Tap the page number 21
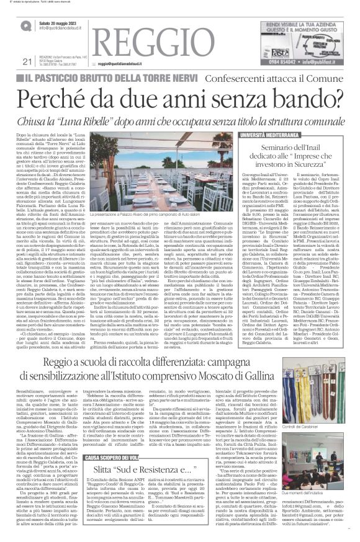26,60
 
